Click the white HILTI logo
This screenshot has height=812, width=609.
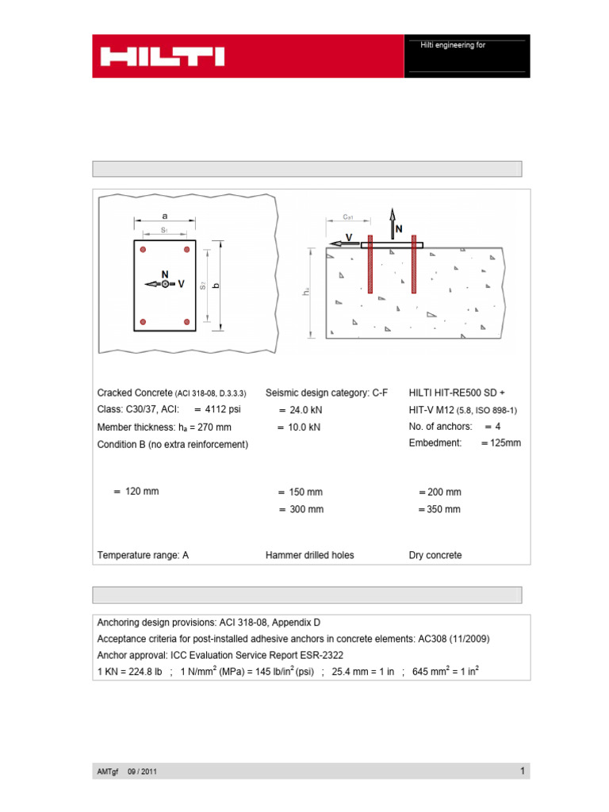click(162, 56)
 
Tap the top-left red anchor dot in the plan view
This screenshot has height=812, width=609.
click(143, 250)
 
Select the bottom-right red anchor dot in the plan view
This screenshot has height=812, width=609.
click(187, 321)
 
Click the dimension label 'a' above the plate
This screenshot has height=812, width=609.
click(165, 215)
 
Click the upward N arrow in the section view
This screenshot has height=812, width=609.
click(392, 222)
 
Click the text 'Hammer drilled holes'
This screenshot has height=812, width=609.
click(309, 555)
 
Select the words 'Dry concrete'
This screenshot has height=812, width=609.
click(435, 555)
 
